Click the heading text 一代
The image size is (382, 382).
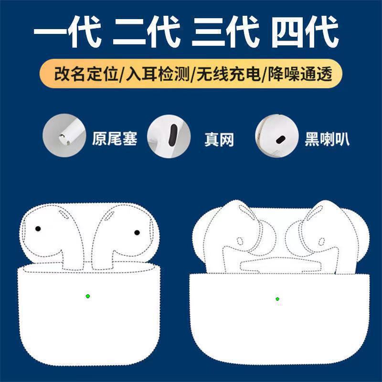[x=67, y=31]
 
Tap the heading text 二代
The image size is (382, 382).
[x=147, y=31]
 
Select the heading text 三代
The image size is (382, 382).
[x=225, y=31]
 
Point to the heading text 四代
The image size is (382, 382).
[x=305, y=31]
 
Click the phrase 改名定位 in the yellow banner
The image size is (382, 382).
[x=86, y=74]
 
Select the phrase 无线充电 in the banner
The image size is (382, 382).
[x=228, y=74]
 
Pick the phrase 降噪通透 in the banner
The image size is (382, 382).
[x=300, y=74]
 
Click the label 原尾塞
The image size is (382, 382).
[x=115, y=138]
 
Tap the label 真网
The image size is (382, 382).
[x=219, y=139]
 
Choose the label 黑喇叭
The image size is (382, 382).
[x=327, y=139]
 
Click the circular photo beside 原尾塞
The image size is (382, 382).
[x=64, y=136]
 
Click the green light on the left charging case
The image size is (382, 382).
[x=88, y=296]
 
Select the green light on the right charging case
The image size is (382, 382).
[x=277, y=299]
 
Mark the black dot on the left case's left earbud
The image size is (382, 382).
[x=38, y=229]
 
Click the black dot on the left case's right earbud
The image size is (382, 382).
[x=137, y=233]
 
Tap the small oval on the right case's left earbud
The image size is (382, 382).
[x=240, y=241]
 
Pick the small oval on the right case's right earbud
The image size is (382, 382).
[x=322, y=242]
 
